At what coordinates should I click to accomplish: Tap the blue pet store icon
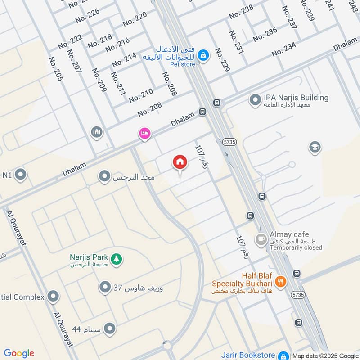click(x=203, y=54)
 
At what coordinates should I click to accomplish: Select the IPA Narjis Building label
click(x=296, y=98)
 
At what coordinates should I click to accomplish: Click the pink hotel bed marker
click(x=144, y=134)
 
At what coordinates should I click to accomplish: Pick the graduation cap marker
click(x=315, y=147)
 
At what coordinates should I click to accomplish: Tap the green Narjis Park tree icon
click(x=117, y=260)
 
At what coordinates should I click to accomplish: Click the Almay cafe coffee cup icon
click(x=261, y=239)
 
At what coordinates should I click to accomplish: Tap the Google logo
click(x=19, y=353)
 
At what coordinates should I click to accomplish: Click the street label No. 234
click(x=284, y=49)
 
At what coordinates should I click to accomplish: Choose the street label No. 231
click(x=236, y=42)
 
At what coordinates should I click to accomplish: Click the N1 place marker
click(x=20, y=175)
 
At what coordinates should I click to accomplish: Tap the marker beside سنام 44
click(x=109, y=329)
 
